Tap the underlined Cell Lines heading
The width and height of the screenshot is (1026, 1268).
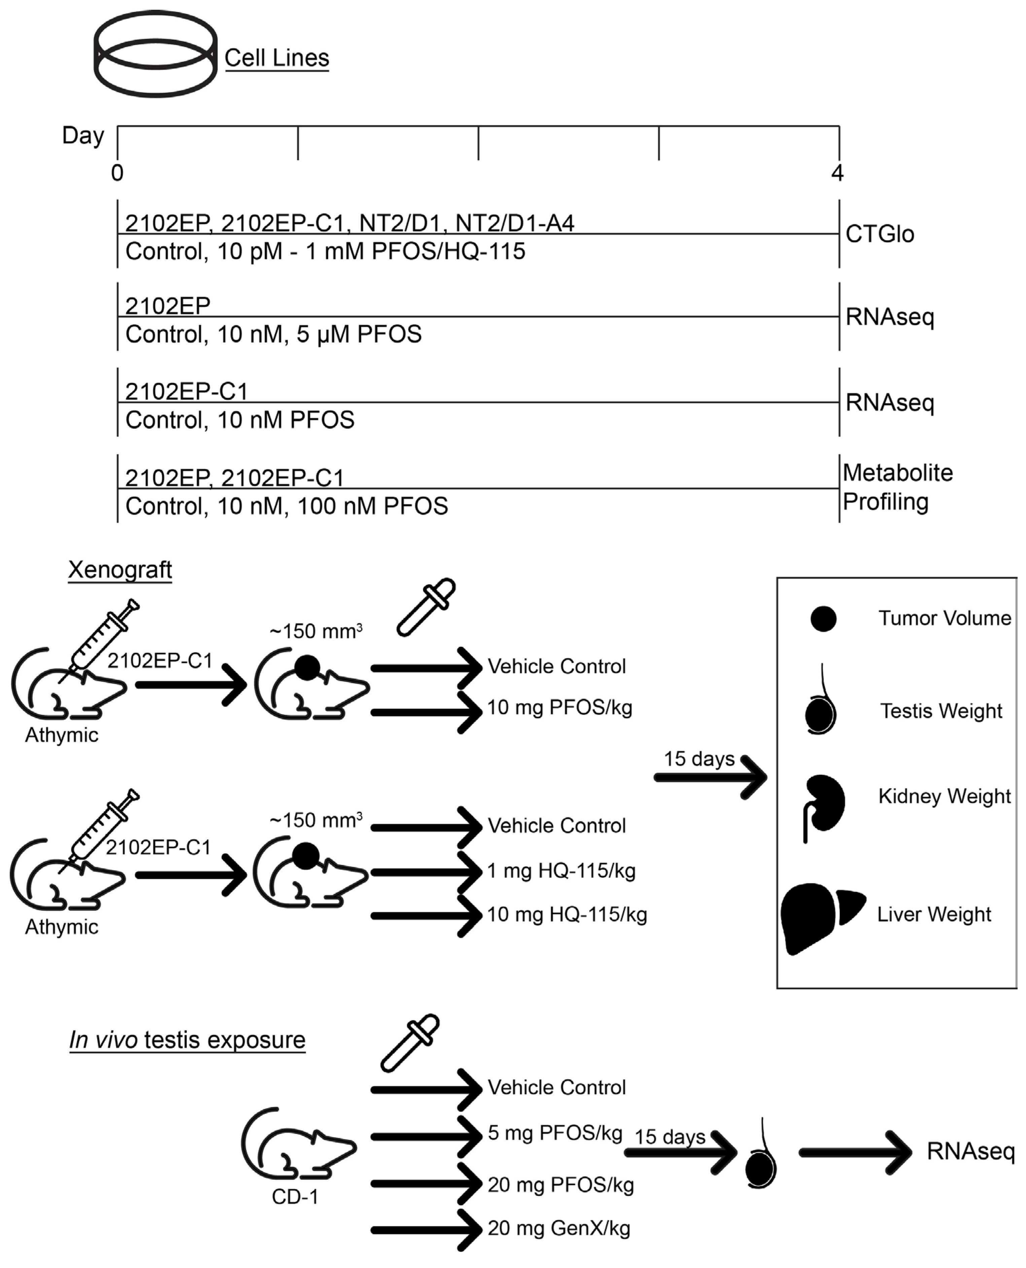[x=277, y=58]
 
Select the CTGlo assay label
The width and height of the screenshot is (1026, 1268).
[x=879, y=234]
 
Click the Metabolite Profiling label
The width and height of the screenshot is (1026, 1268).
[x=897, y=487]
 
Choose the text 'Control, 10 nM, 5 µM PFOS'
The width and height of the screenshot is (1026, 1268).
[x=273, y=335]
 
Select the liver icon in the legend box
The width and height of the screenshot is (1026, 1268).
[x=821, y=918]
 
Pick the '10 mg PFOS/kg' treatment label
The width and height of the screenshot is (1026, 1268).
[x=559, y=708]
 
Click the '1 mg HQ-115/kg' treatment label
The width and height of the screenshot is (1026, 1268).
[x=561, y=871]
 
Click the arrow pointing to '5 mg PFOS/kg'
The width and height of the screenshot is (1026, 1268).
[x=426, y=1136]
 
